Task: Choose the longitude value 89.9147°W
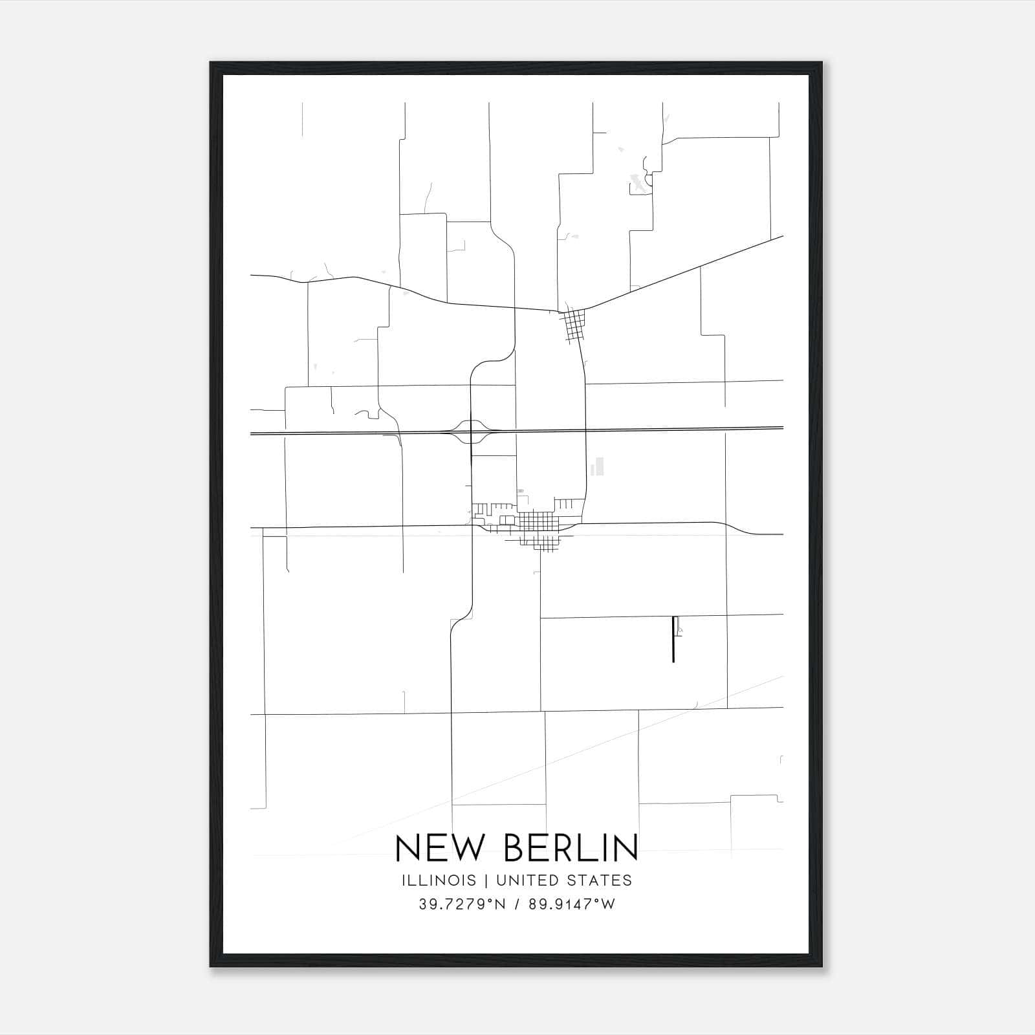coord(572,904)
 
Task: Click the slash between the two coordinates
coord(516,904)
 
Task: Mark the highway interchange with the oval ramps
coord(472,431)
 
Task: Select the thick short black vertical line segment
coord(673,639)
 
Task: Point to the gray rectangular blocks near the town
coord(598,466)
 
